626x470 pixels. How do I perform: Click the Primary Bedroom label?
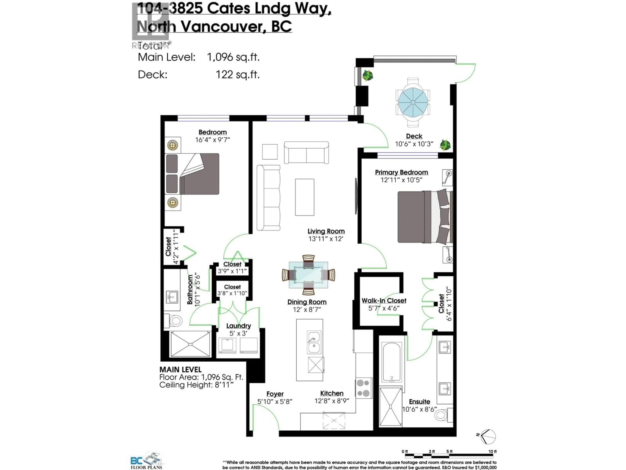(401, 172)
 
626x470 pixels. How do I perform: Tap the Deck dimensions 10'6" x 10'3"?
(414, 144)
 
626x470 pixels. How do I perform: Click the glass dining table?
(308, 275)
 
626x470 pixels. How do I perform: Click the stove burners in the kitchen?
(364, 388)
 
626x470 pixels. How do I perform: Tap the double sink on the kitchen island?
(314, 342)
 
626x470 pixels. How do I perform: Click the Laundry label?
(238, 326)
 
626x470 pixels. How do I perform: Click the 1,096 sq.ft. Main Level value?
(233, 57)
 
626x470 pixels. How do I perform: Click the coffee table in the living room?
(305, 197)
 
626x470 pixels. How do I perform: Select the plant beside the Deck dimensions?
(445, 145)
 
